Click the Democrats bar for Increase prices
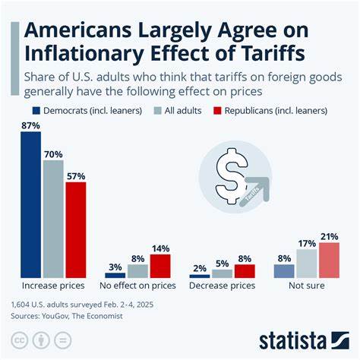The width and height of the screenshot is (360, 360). (x=30, y=205)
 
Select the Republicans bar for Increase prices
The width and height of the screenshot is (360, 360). (x=76, y=230)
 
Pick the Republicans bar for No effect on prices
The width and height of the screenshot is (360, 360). (x=160, y=267)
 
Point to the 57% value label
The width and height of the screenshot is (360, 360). (x=76, y=175)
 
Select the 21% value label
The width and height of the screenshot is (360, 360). (x=329, y=236)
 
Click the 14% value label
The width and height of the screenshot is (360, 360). (x=160, y=248)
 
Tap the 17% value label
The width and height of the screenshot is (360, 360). (x=306, y=243)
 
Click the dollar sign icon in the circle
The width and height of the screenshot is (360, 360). (x=226, y=174)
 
